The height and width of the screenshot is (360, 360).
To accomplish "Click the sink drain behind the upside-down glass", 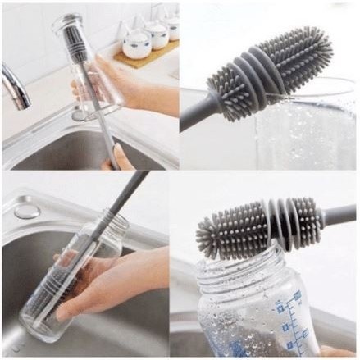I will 81,116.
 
